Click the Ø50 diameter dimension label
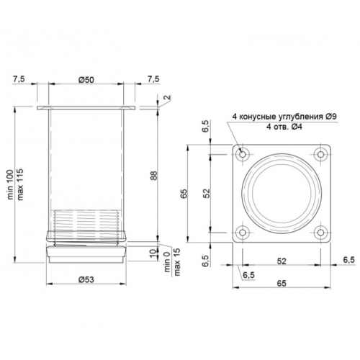point(86,80)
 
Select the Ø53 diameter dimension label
point(86,279)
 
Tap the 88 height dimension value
point(154,175)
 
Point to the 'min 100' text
point(11,184)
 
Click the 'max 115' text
point(20,184)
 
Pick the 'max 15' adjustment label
point(177,261)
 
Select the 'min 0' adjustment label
point(167,262)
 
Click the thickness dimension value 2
point(168,97)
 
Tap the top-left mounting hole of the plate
point(243,154)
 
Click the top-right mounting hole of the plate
point(321,154)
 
